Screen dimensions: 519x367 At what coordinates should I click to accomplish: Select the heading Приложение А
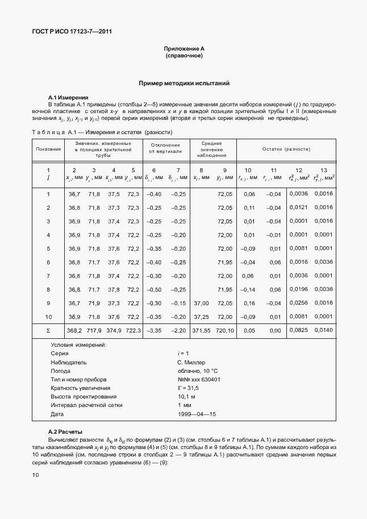pos(183,49)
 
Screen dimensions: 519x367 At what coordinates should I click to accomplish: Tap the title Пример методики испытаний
pos(184,84)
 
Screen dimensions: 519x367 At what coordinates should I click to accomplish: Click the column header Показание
pos(48,149)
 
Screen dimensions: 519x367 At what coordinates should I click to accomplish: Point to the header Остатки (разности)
pos(285,149)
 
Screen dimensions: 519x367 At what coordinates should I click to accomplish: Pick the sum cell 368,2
pos(74,330)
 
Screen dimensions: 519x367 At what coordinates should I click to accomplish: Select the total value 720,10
pos(225,330)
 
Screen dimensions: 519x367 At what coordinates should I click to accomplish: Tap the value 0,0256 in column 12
pos(298,303)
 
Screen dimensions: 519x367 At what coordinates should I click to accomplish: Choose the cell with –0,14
pos(249,289)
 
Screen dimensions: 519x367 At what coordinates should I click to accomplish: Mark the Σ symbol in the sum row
pos(48,330)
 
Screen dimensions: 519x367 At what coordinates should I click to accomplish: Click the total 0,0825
pos(298,330)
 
